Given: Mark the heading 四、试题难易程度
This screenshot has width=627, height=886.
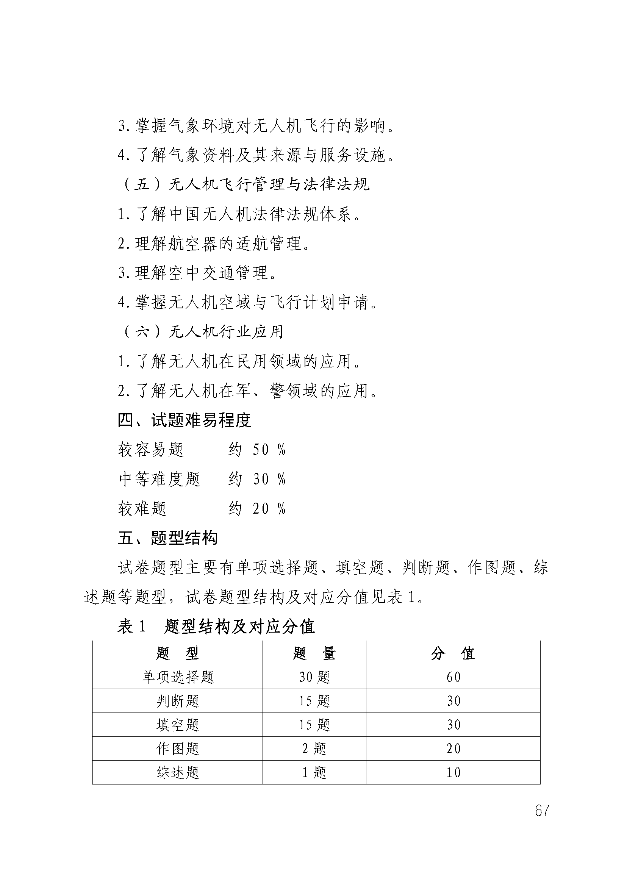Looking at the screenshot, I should tap(185, 420).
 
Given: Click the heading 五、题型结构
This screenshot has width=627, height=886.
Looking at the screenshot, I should tap(167, 538).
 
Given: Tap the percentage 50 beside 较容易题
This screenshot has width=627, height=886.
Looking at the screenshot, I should tap(261, 450).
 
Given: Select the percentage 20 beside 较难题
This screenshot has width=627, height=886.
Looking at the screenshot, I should tap(261, 509).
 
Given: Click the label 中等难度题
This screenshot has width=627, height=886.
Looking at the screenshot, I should tap(159, 479).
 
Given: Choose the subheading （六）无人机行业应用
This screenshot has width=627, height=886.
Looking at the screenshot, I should tap(202, 331).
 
